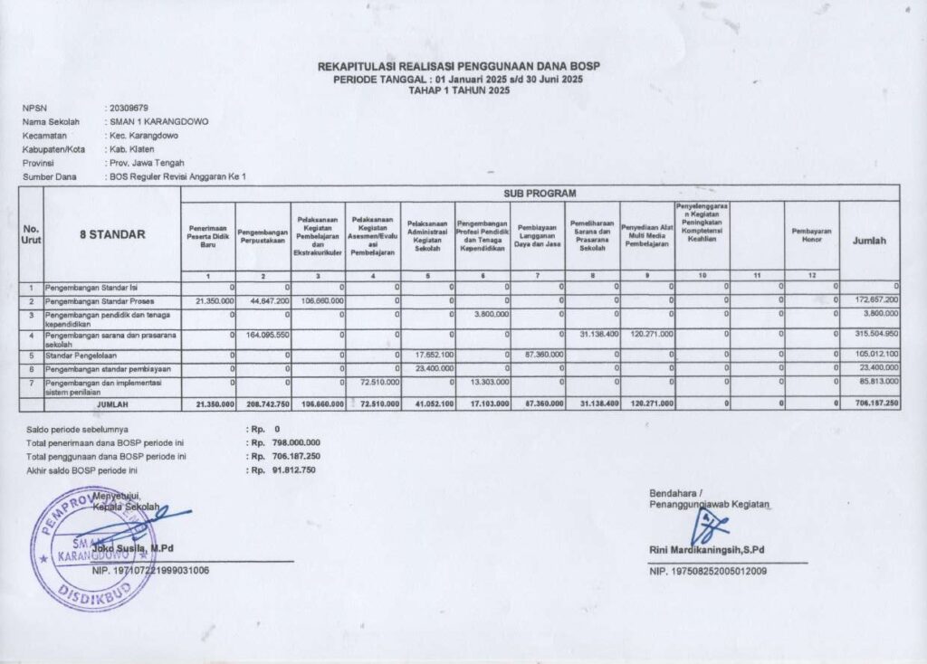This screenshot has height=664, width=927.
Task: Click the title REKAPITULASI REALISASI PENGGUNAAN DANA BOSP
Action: click(x=459, y=68)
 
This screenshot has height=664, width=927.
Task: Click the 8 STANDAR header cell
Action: click(x=112, y=234)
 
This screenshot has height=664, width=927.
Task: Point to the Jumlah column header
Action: click(x=869, y=240)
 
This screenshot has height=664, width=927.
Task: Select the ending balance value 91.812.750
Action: click(x=289, y=470)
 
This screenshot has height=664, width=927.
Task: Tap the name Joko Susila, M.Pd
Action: click(x=133, y=549)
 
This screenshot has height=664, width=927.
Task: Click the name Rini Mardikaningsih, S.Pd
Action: click(x=706, y=550)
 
